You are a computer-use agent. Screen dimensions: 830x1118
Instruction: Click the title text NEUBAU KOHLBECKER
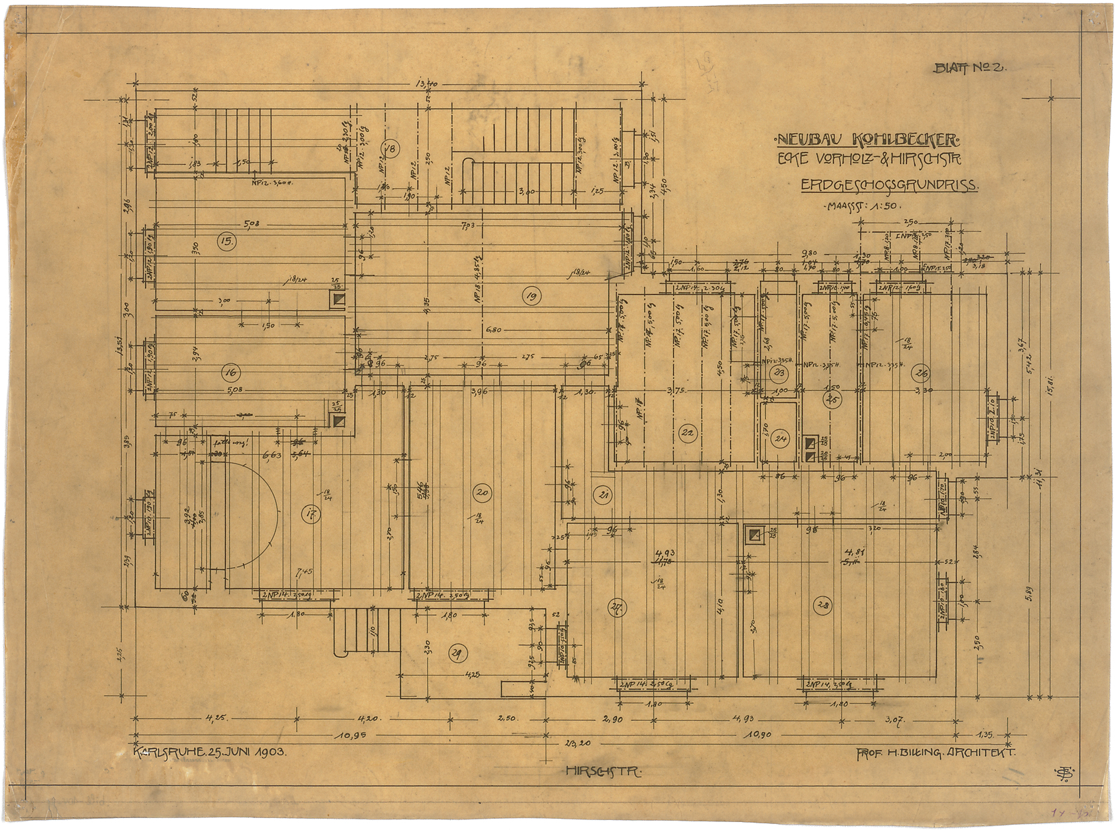click(868, 140)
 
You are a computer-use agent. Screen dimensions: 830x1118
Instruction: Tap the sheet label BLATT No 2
click(970, 68)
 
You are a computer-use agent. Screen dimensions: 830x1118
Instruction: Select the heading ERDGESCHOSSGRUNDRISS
click(889, 185)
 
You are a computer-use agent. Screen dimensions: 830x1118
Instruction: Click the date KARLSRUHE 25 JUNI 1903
click(210, 752)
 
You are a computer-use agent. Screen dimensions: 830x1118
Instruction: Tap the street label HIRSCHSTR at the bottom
click(603, 772)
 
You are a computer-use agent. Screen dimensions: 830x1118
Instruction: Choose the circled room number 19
click(530, 297)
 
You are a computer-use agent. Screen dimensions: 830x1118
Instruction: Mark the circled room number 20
click(482, 492)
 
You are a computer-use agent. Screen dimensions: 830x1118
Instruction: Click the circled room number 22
click(687, 434)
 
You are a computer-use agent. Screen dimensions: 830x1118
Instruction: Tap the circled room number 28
click(823, 606)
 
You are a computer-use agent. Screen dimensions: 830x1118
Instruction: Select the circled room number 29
click(456, 653)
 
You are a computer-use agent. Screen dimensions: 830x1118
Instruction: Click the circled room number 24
click(781, 439)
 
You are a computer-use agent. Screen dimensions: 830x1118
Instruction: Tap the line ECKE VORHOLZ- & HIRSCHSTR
click(870, 160)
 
